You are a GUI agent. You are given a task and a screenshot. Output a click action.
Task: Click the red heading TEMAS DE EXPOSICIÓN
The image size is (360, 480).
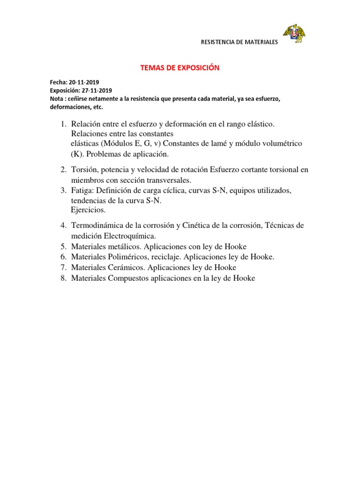coord(180,68)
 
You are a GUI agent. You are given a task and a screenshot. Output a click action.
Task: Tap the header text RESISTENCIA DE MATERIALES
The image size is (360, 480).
coord(239,42)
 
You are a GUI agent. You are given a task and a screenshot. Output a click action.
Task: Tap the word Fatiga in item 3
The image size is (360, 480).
coord(82,191)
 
